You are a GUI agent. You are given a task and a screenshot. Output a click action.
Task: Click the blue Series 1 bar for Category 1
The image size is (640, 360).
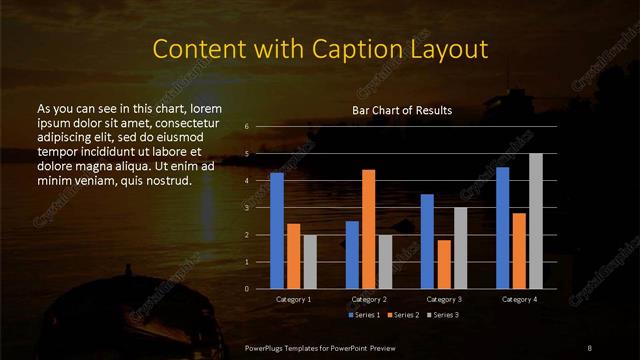pyautogui.click(x=277, y=230)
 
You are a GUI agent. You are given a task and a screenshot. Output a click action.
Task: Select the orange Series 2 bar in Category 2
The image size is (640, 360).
pyautogui.click(x=369, y=229)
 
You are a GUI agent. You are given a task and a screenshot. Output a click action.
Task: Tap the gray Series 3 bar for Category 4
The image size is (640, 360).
pyautogui.click(x=536, y=221)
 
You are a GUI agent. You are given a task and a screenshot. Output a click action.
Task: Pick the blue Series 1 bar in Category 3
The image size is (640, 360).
pyautogui.click(x=427, y=241)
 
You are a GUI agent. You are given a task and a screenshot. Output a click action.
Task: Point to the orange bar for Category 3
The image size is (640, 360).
pyautogui.click(x=443, y=264)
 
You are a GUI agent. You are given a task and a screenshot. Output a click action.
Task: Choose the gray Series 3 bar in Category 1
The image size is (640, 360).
pyautogui.click(x=310, y=261)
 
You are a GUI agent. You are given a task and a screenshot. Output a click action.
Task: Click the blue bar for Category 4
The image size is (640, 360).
pyautogui.click(x=503, y=227)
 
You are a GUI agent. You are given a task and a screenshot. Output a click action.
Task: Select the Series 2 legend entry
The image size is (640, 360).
pyautogui.click(x=402, y=315)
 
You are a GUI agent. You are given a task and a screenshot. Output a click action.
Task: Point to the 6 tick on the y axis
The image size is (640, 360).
pyautogui.click(x=247, y=127)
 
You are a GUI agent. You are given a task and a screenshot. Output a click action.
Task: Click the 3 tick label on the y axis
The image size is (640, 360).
pyautogui.click(x=247, y=208)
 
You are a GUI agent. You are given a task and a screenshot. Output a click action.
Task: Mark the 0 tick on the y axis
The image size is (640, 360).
pyautogui.click(x=247, y=288)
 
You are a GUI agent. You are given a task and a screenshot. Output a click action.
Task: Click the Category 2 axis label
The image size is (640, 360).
pyautogui.click(x=369, y=299)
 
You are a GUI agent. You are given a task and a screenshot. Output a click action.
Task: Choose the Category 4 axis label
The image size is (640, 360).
pyautogui.click(x=519, y=299)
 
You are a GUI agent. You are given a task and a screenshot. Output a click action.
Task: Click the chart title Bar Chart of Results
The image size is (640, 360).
pyautogui.click(x=402, y=110)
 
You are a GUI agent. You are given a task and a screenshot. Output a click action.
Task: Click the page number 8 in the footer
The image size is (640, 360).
pyautogui.click(x=589, y=346)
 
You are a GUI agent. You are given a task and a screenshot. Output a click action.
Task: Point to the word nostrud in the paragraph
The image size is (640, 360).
pyautogui.click(x=164, y=180)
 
